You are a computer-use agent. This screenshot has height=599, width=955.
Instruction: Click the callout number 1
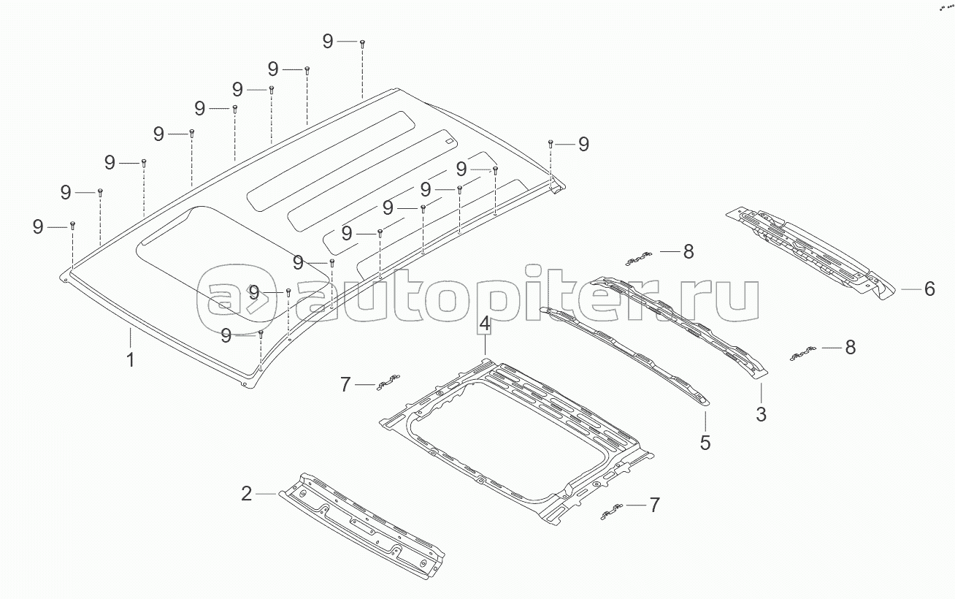click(131, 359)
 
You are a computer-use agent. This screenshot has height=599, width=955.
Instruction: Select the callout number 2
click(247, 494)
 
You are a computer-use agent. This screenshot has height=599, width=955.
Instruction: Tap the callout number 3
click(761, 415)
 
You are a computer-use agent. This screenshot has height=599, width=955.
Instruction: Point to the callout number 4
click(486, 324)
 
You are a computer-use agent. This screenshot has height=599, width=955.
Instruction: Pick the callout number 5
click(705, 443)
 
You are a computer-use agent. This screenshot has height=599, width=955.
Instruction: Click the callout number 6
click(929, 289)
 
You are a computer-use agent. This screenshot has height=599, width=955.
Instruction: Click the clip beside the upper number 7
click(388, 382)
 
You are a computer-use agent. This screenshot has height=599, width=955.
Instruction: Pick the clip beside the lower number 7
click(611, 512)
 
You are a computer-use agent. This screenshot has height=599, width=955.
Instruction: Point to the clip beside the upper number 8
click(640, 258)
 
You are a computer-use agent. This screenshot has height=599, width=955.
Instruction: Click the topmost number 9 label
click(328, 42)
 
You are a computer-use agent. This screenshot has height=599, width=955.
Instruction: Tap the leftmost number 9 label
click(38, 227)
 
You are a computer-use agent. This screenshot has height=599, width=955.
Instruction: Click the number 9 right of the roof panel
click(583, 144)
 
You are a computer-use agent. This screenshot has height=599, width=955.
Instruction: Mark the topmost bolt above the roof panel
click(362, 44)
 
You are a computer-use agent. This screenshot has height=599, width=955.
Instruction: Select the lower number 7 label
click(654, 504)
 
